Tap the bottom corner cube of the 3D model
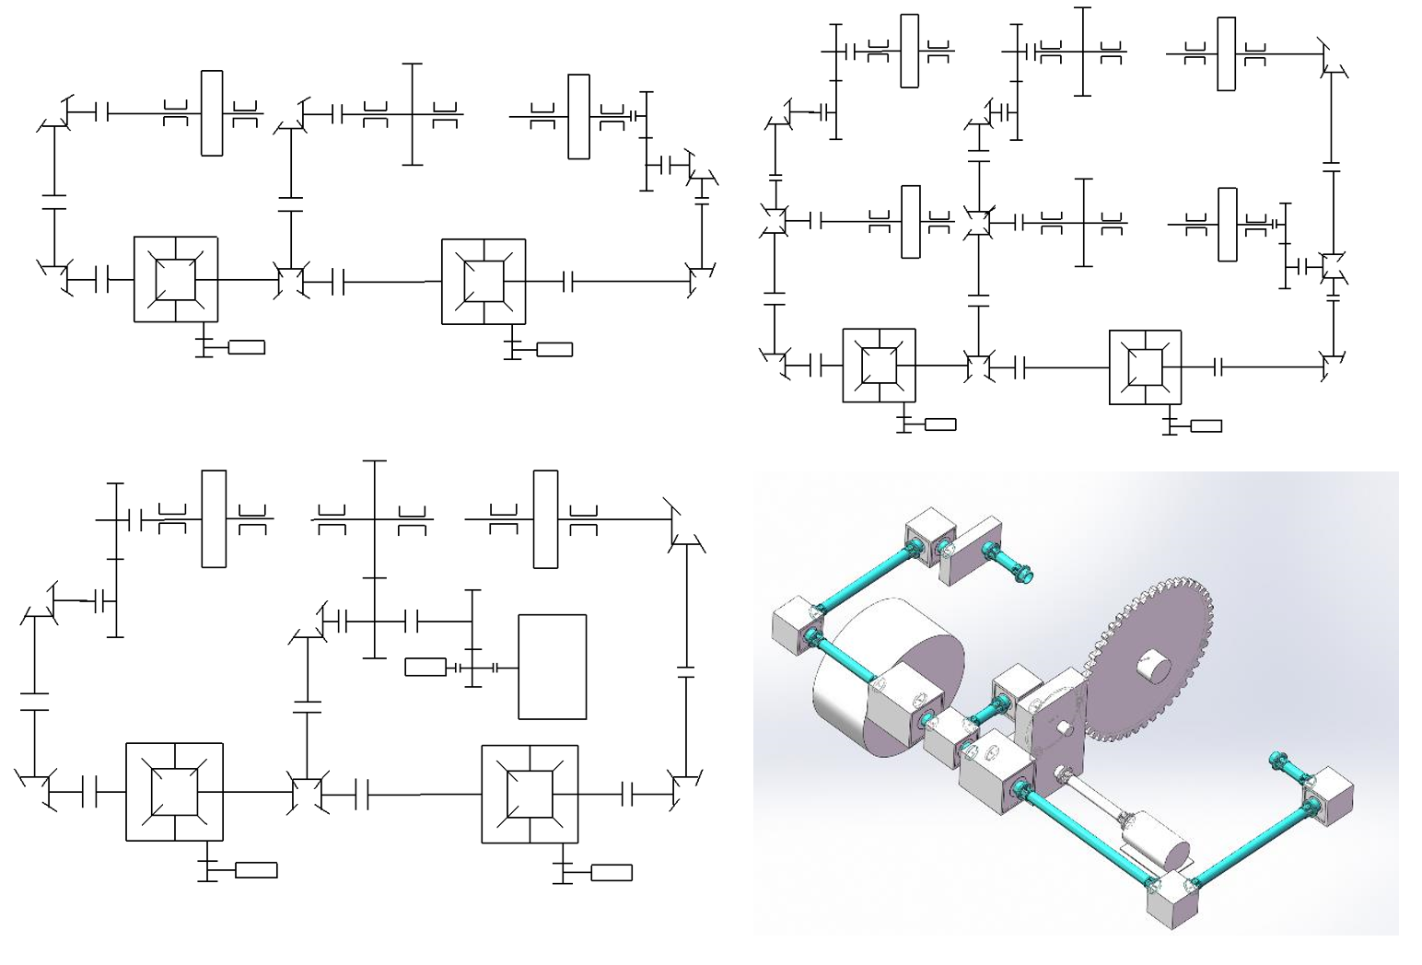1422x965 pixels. pyautogui.click(x=1171, y=909)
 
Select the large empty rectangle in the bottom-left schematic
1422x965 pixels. pyautogui.click(x=553, y=666)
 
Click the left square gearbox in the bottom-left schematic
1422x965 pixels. pyautogui.click(x=174, y=791)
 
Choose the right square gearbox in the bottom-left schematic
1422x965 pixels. pyautogui.click(x=530, y=794)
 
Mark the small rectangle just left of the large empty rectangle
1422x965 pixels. pyautogui.click(x=425, y=667)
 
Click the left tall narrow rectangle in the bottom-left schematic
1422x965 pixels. pyautogui.click(x=214, y=518)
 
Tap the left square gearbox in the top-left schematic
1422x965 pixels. pyautogui.click(x=176, y=279)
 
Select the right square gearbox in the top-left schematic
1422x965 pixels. pyautogui.click(x=484, y=281)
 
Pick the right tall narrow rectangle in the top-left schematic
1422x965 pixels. pyautogui.click(x=578, y=116)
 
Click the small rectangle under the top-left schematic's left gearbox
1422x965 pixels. pyautogui.click(x=246, y=347)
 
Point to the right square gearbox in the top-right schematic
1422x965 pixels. pyautogui.click(x=1145, y=366)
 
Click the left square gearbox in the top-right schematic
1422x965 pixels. pyautogui.click(x=879, y=366)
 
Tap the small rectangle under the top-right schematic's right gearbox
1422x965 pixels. pyautogui.click(x=1206, y=425)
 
